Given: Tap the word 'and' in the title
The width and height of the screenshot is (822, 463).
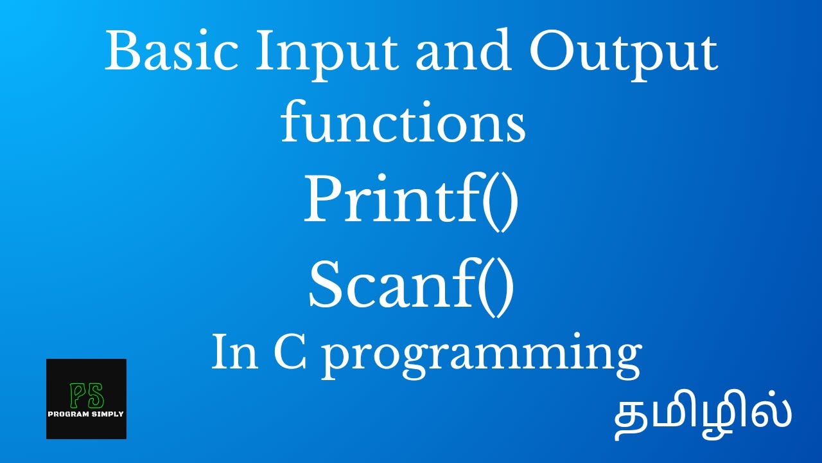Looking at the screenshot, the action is (x=464, y=50).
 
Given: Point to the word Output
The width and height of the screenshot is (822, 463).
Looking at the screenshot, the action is (x=623, y=55).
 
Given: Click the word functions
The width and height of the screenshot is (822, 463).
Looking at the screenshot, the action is (x=403, y=120).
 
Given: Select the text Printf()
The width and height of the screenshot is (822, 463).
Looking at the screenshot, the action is (x=410, y=202).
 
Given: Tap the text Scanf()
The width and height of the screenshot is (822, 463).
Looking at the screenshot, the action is (x=411, y=287).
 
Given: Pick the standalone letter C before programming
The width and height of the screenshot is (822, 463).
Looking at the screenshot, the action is (x=290, y=350).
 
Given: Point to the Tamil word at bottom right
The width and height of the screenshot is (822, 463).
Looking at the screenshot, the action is (x=703, y=418).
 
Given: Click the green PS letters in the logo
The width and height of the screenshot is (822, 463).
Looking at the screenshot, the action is (x=87, y=395).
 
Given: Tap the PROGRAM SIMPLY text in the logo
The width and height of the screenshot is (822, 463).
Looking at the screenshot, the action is (x=86, y=414).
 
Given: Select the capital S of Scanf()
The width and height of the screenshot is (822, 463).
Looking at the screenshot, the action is (x=328, y=284).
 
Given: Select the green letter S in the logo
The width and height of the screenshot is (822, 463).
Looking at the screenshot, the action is (x=96, y=395).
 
